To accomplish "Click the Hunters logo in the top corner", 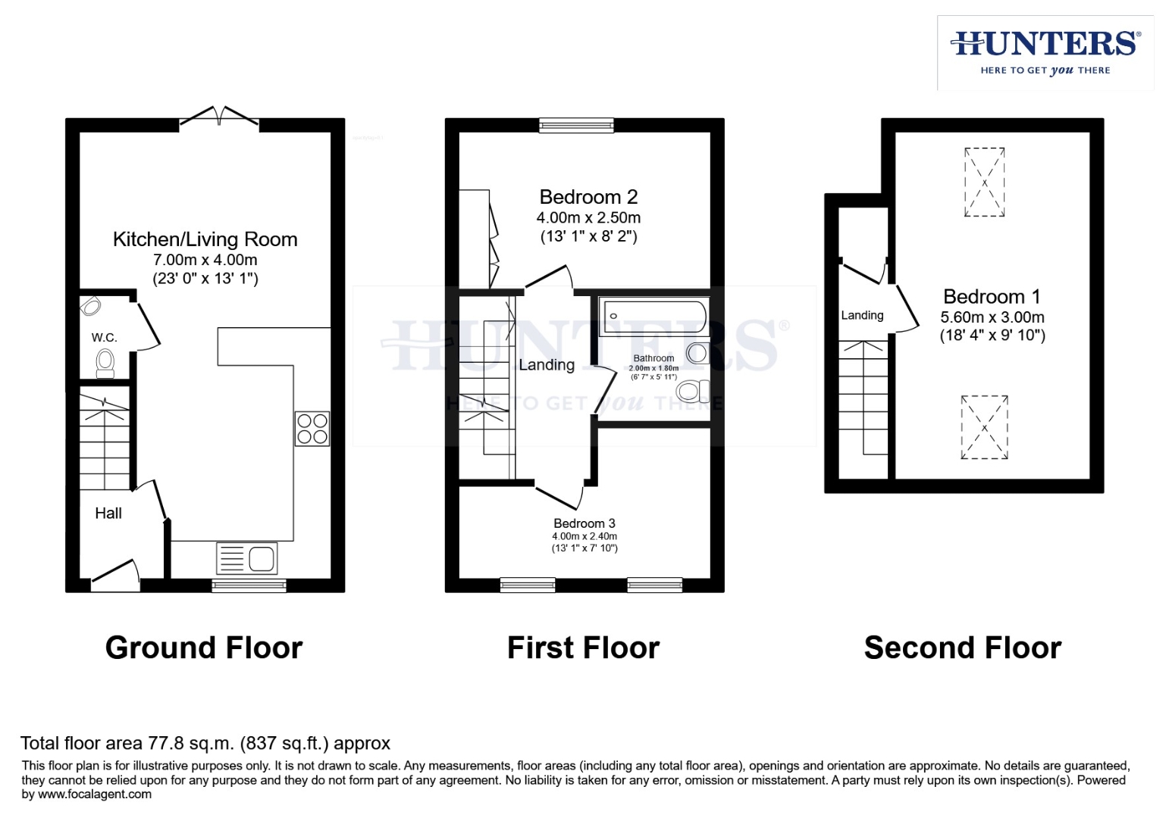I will pos(1045,52).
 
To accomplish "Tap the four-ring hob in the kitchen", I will pos(312,428).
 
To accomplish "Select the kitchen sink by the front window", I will pos(247,559).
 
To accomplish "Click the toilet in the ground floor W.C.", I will pos(105,363).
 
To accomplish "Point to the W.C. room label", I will pos(105,337).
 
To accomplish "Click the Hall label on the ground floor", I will pos(108,514).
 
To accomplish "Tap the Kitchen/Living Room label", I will pos(205,239).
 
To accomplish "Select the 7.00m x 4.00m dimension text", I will pos(205,260).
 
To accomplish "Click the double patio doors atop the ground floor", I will pos(219,117).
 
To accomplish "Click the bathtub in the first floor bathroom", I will pos(653,317).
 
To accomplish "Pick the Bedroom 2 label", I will pos(588,197).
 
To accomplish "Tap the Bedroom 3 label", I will pos(584,523).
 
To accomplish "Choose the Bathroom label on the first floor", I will pos(653,358).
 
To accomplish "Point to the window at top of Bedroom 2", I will pos(576,125).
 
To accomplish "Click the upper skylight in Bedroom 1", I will pos(984,182).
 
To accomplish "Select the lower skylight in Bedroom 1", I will pos(984,427).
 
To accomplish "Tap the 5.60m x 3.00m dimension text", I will pos(992,317).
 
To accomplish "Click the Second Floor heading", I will pos(962,648).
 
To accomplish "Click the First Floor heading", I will pos(583,648).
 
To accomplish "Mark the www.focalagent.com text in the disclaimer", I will pos(95,795).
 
